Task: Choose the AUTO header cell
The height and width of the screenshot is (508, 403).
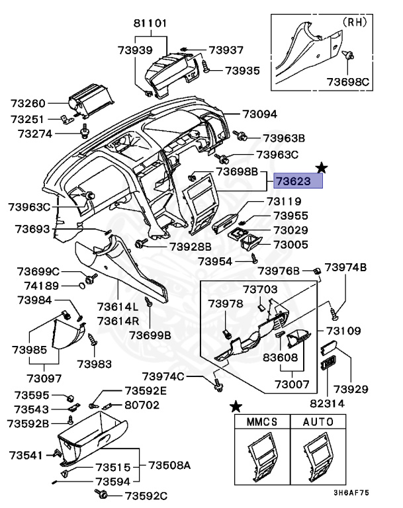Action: click(x=318, y=421)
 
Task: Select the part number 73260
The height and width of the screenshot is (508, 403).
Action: click(x=28, y=104)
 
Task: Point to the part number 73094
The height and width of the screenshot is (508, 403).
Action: click(x=259, y=114)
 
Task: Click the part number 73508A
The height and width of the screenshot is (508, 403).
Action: click(x=169, y=466)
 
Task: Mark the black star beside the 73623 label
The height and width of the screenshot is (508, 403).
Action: click(x=321, y=167)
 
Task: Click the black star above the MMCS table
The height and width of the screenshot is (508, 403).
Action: click(x=236, y=405)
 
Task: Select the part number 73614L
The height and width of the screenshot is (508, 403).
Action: click(x=118, y=307)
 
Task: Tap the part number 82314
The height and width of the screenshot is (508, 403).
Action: click(x=325, y=402)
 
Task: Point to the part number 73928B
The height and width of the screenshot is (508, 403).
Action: click(x=190, y=246)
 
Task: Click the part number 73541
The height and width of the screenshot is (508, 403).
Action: click(x=26, y=455)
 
